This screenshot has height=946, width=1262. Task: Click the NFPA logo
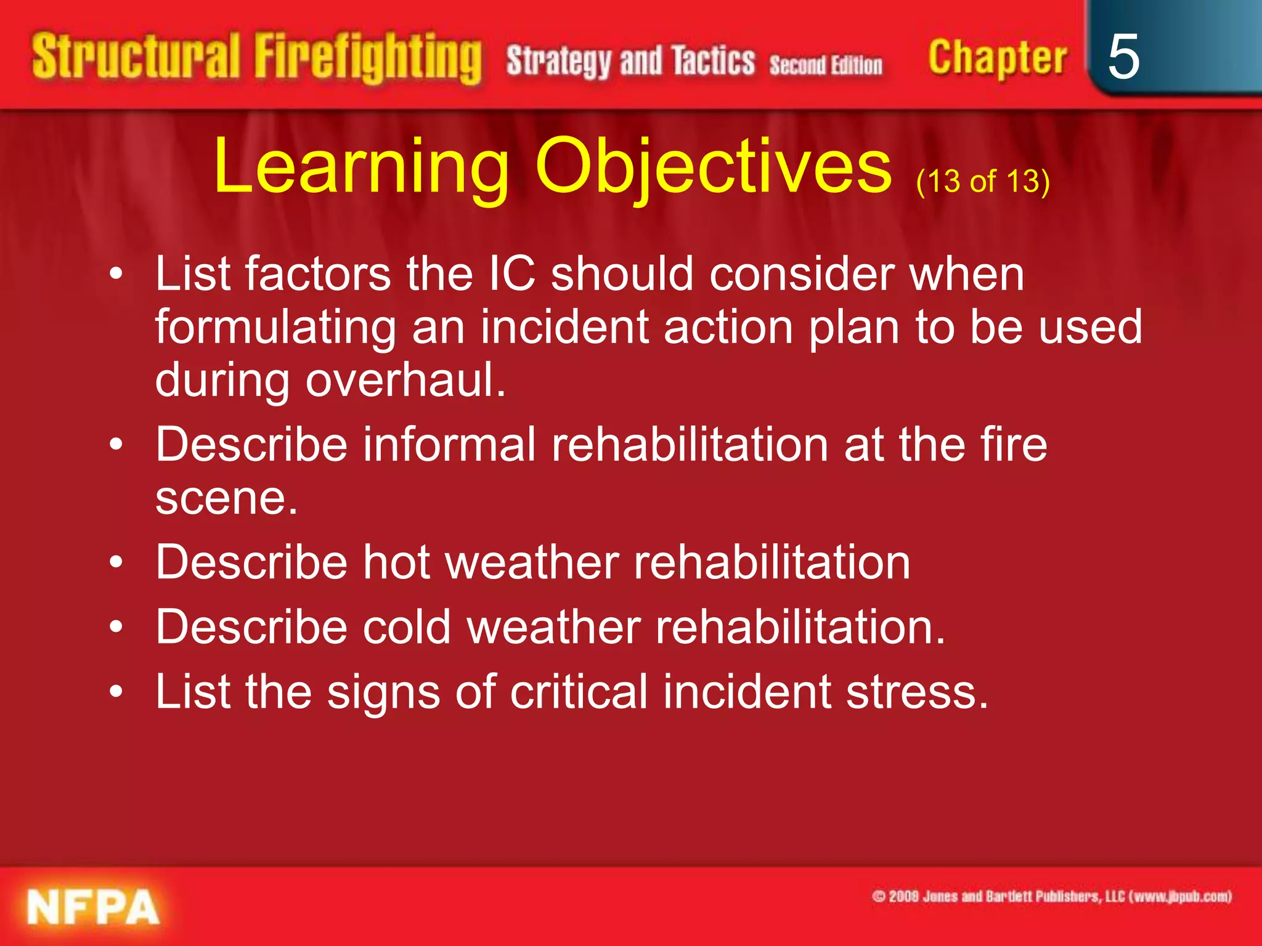[x=92, y=907]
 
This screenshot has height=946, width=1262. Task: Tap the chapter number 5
[x=1123, y=57]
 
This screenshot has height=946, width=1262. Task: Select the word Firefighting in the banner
[x=368, y=59]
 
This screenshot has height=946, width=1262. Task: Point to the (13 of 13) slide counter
[x=982, y=181]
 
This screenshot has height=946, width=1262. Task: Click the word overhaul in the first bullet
[x=405, y=380]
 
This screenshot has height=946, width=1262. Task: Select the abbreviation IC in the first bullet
[x=511, y=273]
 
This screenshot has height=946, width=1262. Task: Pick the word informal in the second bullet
[x=449, y=444]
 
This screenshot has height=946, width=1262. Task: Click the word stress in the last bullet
[x=917, y=692]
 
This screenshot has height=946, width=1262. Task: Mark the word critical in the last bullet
[x=579, y=692]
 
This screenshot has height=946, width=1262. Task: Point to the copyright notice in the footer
[x=1051, y=896]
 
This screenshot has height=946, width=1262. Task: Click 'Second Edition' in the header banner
[x=825, y=65]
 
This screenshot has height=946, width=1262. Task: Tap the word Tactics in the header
[x=713, y=61]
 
